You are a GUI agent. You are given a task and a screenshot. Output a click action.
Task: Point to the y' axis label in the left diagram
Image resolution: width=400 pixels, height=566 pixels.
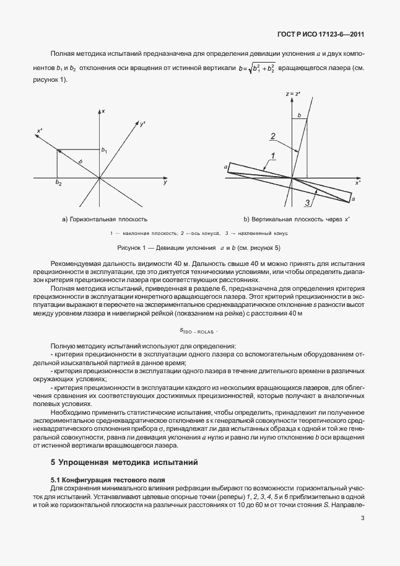click(x=142, y=125)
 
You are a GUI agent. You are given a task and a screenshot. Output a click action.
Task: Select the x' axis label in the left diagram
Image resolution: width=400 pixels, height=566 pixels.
click(x=40, y=131)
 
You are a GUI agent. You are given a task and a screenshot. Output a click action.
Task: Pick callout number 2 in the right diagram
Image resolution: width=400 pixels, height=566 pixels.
click(x=272, y=136)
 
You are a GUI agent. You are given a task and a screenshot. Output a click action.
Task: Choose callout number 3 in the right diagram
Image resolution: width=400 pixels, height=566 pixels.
click(x=306, y=203)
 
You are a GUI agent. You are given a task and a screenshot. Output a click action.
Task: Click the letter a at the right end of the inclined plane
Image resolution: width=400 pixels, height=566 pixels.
click(x=352, y=200)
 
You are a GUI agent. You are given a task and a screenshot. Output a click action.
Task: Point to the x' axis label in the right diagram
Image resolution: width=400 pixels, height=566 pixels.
click(x=357, y=184)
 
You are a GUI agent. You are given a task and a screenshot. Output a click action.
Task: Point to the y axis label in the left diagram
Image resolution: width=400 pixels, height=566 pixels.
click(x=165, y=184)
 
